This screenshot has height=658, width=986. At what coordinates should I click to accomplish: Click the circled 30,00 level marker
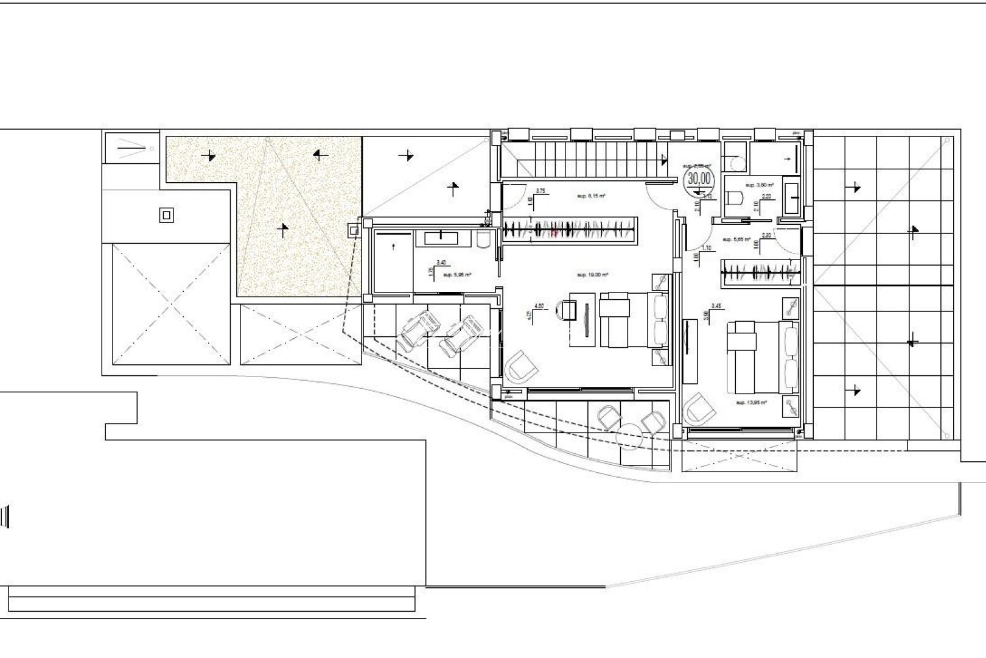[x=698, y=179]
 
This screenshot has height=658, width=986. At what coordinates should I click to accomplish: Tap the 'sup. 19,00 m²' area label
[x=593, y=275]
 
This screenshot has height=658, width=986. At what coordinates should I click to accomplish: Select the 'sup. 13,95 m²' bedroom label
[x=751, y=403]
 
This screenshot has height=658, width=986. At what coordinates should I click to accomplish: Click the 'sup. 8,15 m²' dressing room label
[x=590, y=196]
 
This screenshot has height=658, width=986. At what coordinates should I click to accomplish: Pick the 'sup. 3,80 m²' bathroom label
[x=761, y=185]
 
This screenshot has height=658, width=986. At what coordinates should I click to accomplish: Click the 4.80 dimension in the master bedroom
[x=538, y=306]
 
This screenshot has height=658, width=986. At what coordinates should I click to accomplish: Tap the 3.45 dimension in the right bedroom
[x=716, y=306]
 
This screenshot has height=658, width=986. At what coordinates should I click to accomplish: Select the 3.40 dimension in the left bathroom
[x=441, y=262]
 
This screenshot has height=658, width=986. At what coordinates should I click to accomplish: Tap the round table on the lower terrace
[x=631, y=437]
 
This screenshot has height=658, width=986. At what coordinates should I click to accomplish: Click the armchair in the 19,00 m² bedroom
[x=521, y=366]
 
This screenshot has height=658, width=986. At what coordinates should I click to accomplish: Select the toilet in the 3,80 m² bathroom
[x=735, y=197]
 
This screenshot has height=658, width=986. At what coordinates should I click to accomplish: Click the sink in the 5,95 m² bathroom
[x=442, y=238]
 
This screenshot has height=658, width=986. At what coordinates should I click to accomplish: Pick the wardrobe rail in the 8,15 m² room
[x=570, y=230]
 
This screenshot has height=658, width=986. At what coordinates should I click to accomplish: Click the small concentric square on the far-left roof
[x=167, y=215]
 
